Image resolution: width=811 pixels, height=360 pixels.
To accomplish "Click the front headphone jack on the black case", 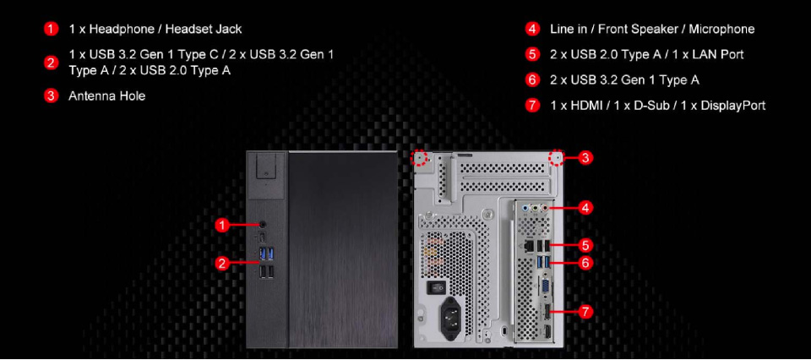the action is pos(264,225).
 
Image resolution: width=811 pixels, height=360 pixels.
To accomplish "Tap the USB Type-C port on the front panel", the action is pos(263,237).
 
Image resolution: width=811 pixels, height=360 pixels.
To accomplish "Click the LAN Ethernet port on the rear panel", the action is pos(531,245).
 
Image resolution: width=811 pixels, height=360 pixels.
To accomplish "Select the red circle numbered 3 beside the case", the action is pos(584,158).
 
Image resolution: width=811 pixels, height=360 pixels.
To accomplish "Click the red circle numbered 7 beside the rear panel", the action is pos(585,312).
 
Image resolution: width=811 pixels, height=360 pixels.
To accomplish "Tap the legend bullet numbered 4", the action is pos(532,29).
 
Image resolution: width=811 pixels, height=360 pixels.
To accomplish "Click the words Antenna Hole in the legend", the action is pos(107,96).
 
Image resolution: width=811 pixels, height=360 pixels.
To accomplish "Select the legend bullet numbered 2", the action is pos(51,63).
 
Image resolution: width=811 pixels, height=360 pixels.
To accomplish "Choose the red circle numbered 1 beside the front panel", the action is pos(222,225).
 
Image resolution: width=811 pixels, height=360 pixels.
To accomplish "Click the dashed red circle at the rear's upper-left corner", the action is pos(420,158).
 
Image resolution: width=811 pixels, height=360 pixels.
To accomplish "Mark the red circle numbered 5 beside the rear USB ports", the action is pos(585,245).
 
